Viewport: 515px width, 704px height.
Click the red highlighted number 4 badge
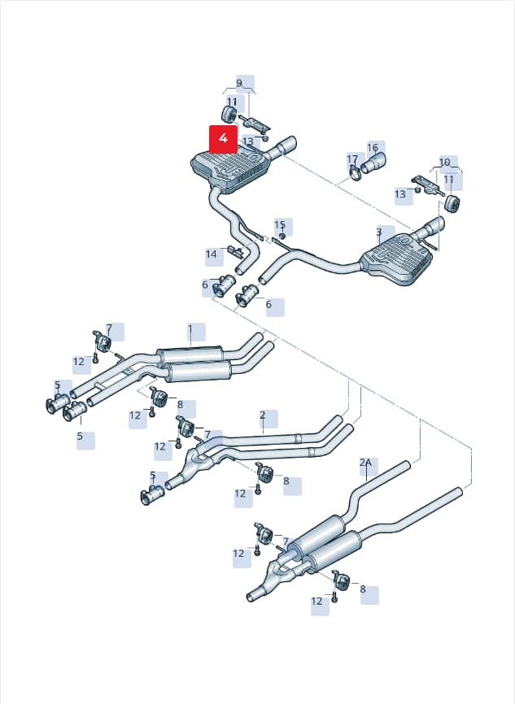[x=224, y=139]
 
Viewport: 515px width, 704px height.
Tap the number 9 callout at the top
[x=239, y=83]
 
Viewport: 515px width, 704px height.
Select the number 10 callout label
[x=444, y=162]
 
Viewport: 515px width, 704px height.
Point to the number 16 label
[x=373, y=148]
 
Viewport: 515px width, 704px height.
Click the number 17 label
[x=352, y=159]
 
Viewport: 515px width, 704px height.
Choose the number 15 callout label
[x=280, y=224]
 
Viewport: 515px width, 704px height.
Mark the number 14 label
[x=212, y=254]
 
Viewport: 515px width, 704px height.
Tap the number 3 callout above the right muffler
[x=379, y=232]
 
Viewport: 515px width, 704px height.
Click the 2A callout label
[x=366, y=463]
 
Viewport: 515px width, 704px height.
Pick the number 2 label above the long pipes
[x=263, y=415]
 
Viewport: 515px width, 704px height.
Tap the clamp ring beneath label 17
[x=355, y=174]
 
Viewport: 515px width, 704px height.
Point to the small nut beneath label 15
[x=282, y=236]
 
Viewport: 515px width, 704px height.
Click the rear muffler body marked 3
[x=396, y=259]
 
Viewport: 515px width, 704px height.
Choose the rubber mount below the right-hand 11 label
[x=452, y=203]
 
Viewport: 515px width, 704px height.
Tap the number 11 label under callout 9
[x=231, y=102]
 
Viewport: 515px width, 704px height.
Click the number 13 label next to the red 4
[x=248, y=141]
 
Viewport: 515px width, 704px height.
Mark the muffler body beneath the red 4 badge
[x=229, y=172]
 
